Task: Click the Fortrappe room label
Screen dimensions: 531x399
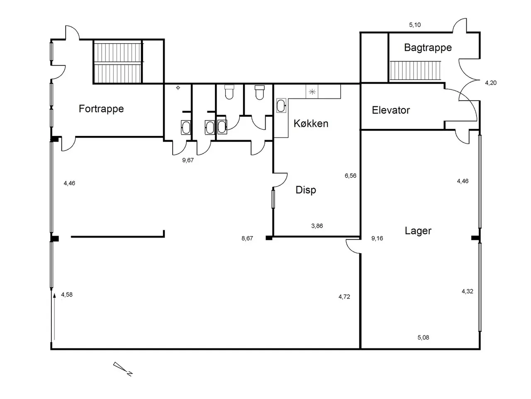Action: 101,109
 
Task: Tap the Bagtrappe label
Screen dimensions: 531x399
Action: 428,48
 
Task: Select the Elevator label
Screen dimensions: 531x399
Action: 391,110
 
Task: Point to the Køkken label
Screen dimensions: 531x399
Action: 311,123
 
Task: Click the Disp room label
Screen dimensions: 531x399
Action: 306,190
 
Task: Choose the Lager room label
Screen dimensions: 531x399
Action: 418,231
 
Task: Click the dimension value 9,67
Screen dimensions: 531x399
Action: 188,160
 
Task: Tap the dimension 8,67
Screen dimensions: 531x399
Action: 247,239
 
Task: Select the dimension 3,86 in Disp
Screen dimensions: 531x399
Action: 317,226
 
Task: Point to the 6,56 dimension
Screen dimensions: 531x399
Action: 351,176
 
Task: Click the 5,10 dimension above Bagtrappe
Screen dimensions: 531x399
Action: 415,25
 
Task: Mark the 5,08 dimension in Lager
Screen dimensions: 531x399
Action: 423,337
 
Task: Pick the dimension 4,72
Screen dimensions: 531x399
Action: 344,297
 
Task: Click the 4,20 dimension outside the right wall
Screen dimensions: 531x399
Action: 491,83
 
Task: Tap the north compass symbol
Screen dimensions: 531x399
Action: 123,369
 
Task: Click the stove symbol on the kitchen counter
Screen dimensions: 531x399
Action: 312,91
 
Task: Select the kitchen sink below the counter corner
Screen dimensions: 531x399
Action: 281,106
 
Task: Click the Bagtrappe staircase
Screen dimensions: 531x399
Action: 415,71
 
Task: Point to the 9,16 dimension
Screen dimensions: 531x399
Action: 377,239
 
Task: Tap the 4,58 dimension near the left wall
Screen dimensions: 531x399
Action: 67,295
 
